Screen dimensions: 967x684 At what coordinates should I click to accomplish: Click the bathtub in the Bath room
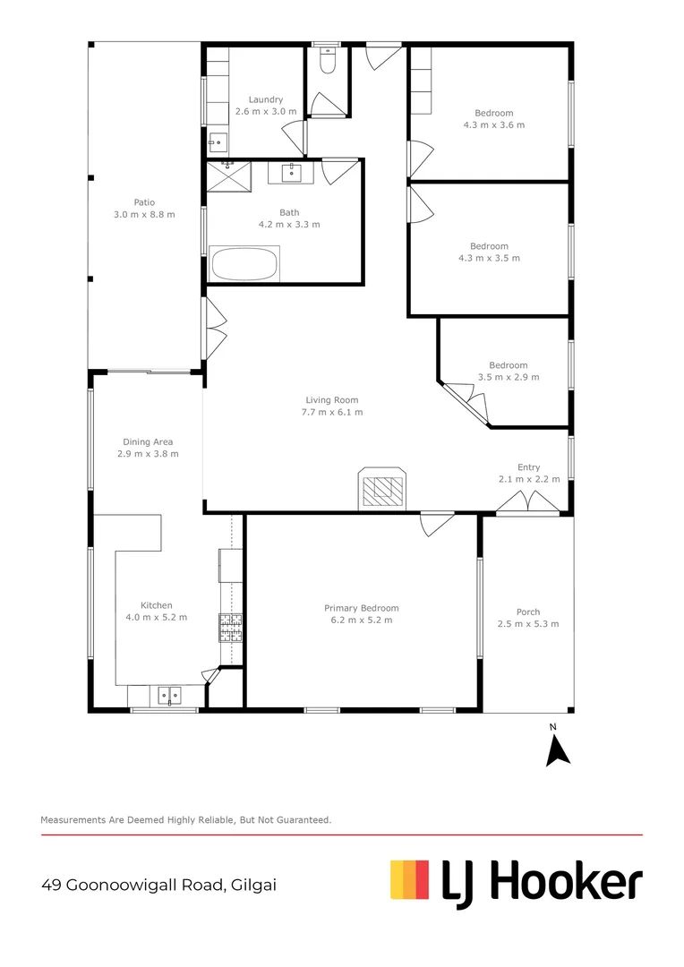(x=244, y=264)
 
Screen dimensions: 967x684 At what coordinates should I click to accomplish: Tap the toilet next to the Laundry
(x=327, y=64)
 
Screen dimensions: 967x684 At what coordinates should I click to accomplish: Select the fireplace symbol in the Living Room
(x=382, y=490)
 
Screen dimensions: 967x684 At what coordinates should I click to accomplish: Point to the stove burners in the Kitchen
(x=231, y=628)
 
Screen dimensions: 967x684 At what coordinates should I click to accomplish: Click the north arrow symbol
(x=558, y=749)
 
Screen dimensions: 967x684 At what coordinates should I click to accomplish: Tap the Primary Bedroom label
(x=361, y=608)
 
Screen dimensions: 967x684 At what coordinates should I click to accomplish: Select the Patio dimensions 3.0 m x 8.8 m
(x=144, y=215)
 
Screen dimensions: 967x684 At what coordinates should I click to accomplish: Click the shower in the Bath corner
(x=229, y=176)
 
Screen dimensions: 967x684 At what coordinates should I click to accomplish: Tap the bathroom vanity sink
(x=292, y=172)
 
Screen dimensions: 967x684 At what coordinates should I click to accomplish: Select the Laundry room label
(x=266, y=99)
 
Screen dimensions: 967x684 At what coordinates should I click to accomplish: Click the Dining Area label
(x=148, y=441)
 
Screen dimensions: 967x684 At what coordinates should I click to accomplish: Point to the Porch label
(x=528, y=612)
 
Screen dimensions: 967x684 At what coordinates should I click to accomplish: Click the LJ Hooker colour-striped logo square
(x=411, y=879)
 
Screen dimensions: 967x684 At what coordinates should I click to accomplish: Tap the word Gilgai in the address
(x=253, y=885)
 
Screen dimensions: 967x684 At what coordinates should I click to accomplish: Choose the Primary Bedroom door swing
(x=438, y=523)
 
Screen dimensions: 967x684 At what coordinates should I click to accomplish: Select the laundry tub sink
(x=216, y=143)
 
